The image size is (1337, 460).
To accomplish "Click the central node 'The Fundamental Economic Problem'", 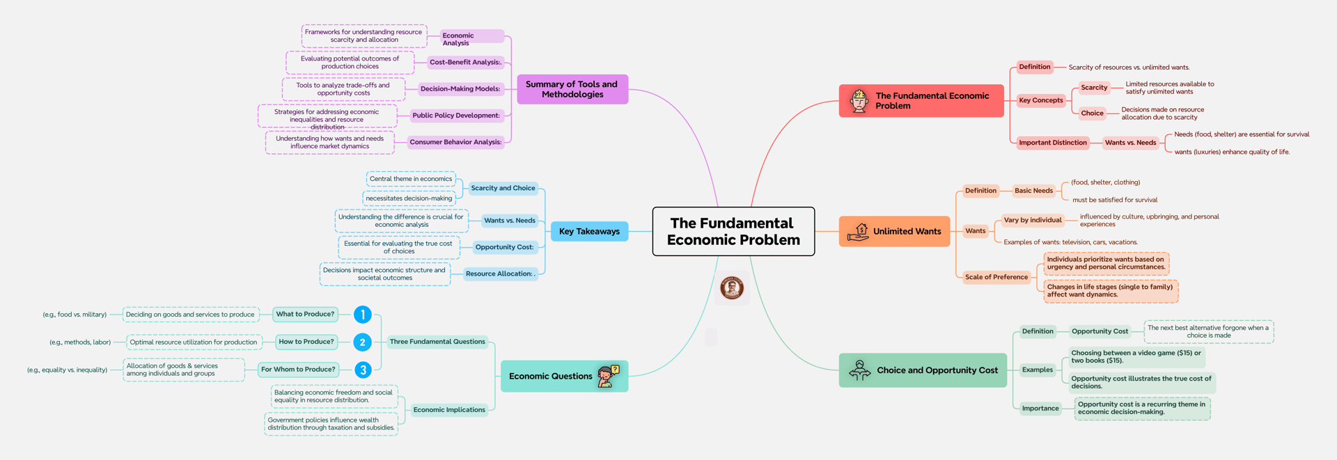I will click(x=733, y=231).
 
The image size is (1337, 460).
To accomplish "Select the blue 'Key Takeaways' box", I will click(x=589, y=231).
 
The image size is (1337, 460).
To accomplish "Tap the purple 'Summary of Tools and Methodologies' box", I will click(x=572, y=89).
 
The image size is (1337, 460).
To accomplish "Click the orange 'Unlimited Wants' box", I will click(x=895, y=231).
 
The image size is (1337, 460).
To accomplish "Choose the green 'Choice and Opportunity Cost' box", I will click(x=923, y=370).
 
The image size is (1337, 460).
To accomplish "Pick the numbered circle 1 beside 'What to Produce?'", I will click(x=362, y=315).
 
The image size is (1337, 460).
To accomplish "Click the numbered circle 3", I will click(x=362, y=370).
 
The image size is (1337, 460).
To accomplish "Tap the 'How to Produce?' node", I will click(x=306, y=342).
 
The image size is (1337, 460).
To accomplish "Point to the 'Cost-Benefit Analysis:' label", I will click(x=465, y=62).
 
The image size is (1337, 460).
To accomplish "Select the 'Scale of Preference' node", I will click(x=996, y=277).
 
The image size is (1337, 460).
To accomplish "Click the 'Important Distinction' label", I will click(x=1052, y=143).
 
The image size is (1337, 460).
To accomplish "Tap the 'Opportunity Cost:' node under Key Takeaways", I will click(x=504, y=247).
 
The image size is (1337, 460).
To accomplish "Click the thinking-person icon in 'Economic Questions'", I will click(x=609, y=376).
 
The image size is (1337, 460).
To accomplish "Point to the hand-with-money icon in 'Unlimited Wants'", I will click(x=858, y=232).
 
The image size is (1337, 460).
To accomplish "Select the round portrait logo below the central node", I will click(x=732, y=287).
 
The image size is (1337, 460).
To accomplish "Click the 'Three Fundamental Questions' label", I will click(x=437, y=342).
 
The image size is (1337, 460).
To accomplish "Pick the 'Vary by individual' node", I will click(x=1032, y=220).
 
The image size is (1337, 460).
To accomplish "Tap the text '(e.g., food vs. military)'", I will click(x=75, y=315).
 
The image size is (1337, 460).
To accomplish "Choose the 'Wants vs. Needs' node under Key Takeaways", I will click(x=510, y=221).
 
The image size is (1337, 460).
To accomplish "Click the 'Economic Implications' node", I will click(x=449, y=410).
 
